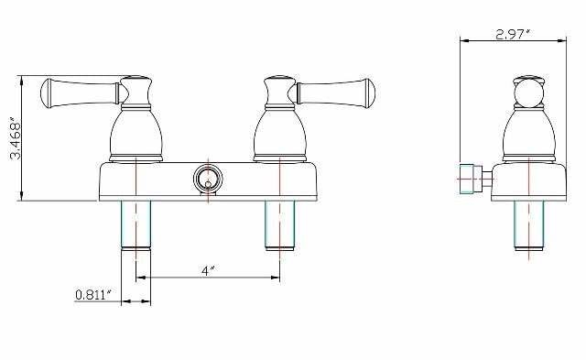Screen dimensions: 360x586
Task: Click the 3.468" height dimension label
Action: click(x=13, y=137)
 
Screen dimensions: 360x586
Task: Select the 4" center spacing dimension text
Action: click(x=207, y=270)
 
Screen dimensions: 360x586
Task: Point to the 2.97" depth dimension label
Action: click(x=514, y=34)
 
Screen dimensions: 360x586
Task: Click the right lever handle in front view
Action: click(x=334, y=91)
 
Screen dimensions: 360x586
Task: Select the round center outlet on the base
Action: click(x=207, y=179)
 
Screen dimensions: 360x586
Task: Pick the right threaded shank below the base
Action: click(x=279, y=224)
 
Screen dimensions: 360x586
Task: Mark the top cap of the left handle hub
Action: click(x=135, y=79)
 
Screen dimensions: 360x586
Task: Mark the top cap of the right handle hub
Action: click(x=279, y=79)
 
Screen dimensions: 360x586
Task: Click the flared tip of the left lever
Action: click(x=49, y=91)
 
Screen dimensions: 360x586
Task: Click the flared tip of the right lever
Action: click(x=366, y=91)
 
